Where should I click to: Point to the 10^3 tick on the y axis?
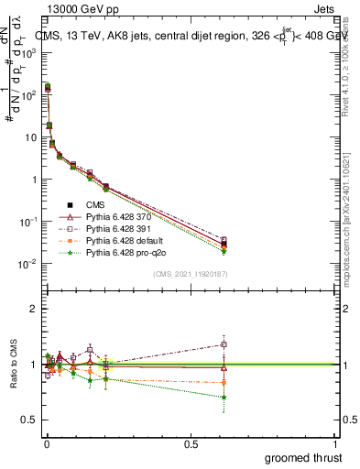pos(27,53)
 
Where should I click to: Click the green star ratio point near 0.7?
pos(224,397)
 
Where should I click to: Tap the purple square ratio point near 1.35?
pos(224,344)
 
